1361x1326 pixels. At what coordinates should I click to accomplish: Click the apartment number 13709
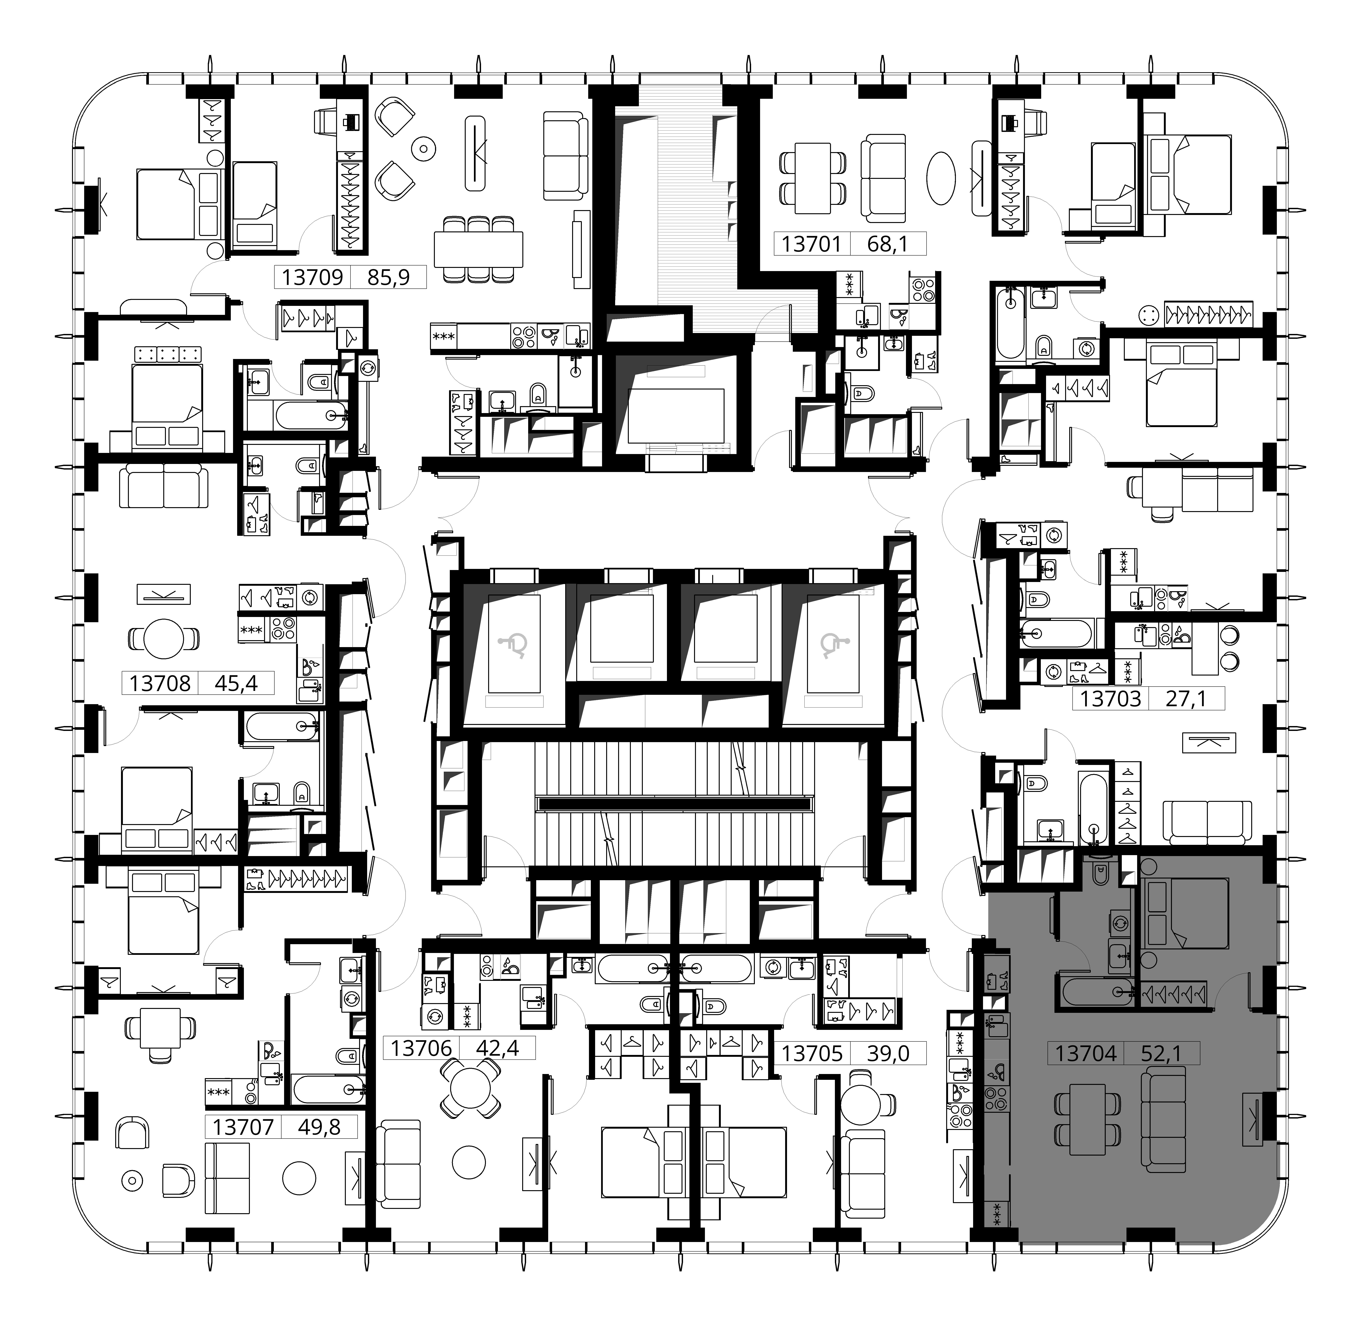point(313,277)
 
